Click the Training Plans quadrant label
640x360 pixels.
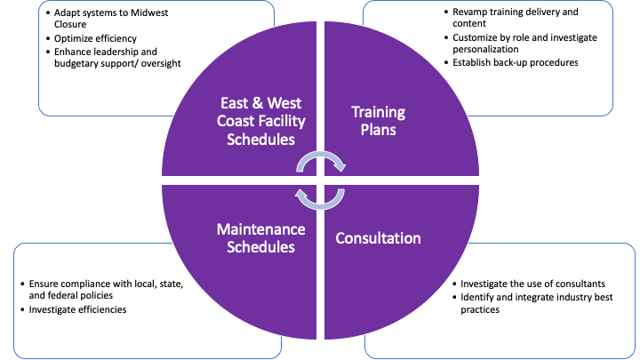click(378, 122)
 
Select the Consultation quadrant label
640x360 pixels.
click(378, 238)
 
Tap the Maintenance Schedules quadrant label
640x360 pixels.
click(261, 238)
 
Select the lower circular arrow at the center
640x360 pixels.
click(321, 196)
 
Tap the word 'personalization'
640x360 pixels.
click(486, 50)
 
